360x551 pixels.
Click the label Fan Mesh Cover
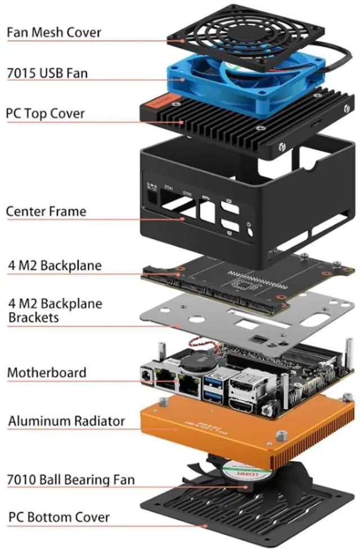click(x=54, y=32)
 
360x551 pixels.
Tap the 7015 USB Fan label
click(x=47, y=73)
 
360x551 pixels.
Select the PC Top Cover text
click(x=46, y=113)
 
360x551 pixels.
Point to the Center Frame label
click(x=46, y=212)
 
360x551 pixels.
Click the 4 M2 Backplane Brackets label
click(x=55, y=311)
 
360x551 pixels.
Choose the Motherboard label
click(x=47, y=373)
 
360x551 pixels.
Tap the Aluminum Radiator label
click(x=66, y=421)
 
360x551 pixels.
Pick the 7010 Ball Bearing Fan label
click(x=71, y=480)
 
